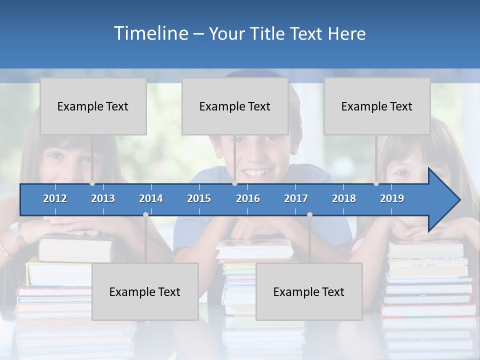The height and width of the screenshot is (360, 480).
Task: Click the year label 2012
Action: click(x=55, y=198)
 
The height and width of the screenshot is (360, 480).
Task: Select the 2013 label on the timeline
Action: click(x=103, y=198)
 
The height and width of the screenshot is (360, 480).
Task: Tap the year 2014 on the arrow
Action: click(x=151, y=198)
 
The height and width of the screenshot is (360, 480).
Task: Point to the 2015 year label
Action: click(x=199, y=198)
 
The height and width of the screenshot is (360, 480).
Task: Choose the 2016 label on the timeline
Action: click(x=248, y=198)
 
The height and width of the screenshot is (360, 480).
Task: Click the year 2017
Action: click(x=296, y=198)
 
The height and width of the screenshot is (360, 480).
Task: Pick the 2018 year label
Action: click(x=344, y=198)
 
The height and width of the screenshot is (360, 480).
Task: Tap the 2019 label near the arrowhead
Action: click(x=392, y=198)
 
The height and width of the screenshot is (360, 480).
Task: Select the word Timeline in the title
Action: click(x=150, y=33)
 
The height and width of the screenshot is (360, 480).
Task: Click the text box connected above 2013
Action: click(x=93, y=106)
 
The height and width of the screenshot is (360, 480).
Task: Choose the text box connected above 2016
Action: click(x=235, y=106)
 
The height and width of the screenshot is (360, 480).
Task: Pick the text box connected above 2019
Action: click(x=377, y=106)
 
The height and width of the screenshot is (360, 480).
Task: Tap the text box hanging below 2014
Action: click(x=145, y=291)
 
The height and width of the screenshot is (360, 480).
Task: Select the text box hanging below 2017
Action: click(x=309, y=291)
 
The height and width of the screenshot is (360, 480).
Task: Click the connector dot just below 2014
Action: click(x=145, y=214)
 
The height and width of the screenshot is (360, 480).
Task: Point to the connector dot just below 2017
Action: click(x=309, y=214)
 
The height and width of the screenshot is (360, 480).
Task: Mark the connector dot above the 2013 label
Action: click(x=92, y=183)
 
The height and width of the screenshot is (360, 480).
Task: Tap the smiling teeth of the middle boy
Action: click(x=256, y=173)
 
